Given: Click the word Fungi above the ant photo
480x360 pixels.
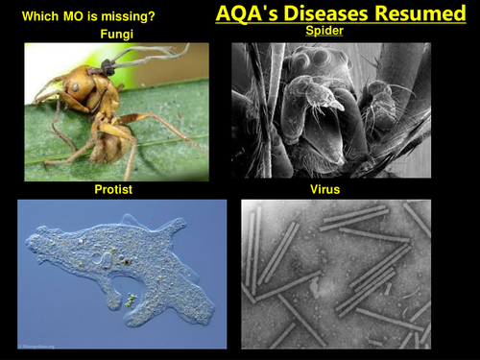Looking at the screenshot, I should [x=116, y=34].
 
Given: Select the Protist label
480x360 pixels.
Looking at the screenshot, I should [x=113, y=190].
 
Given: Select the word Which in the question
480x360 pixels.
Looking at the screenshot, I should [x=41, y=14].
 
